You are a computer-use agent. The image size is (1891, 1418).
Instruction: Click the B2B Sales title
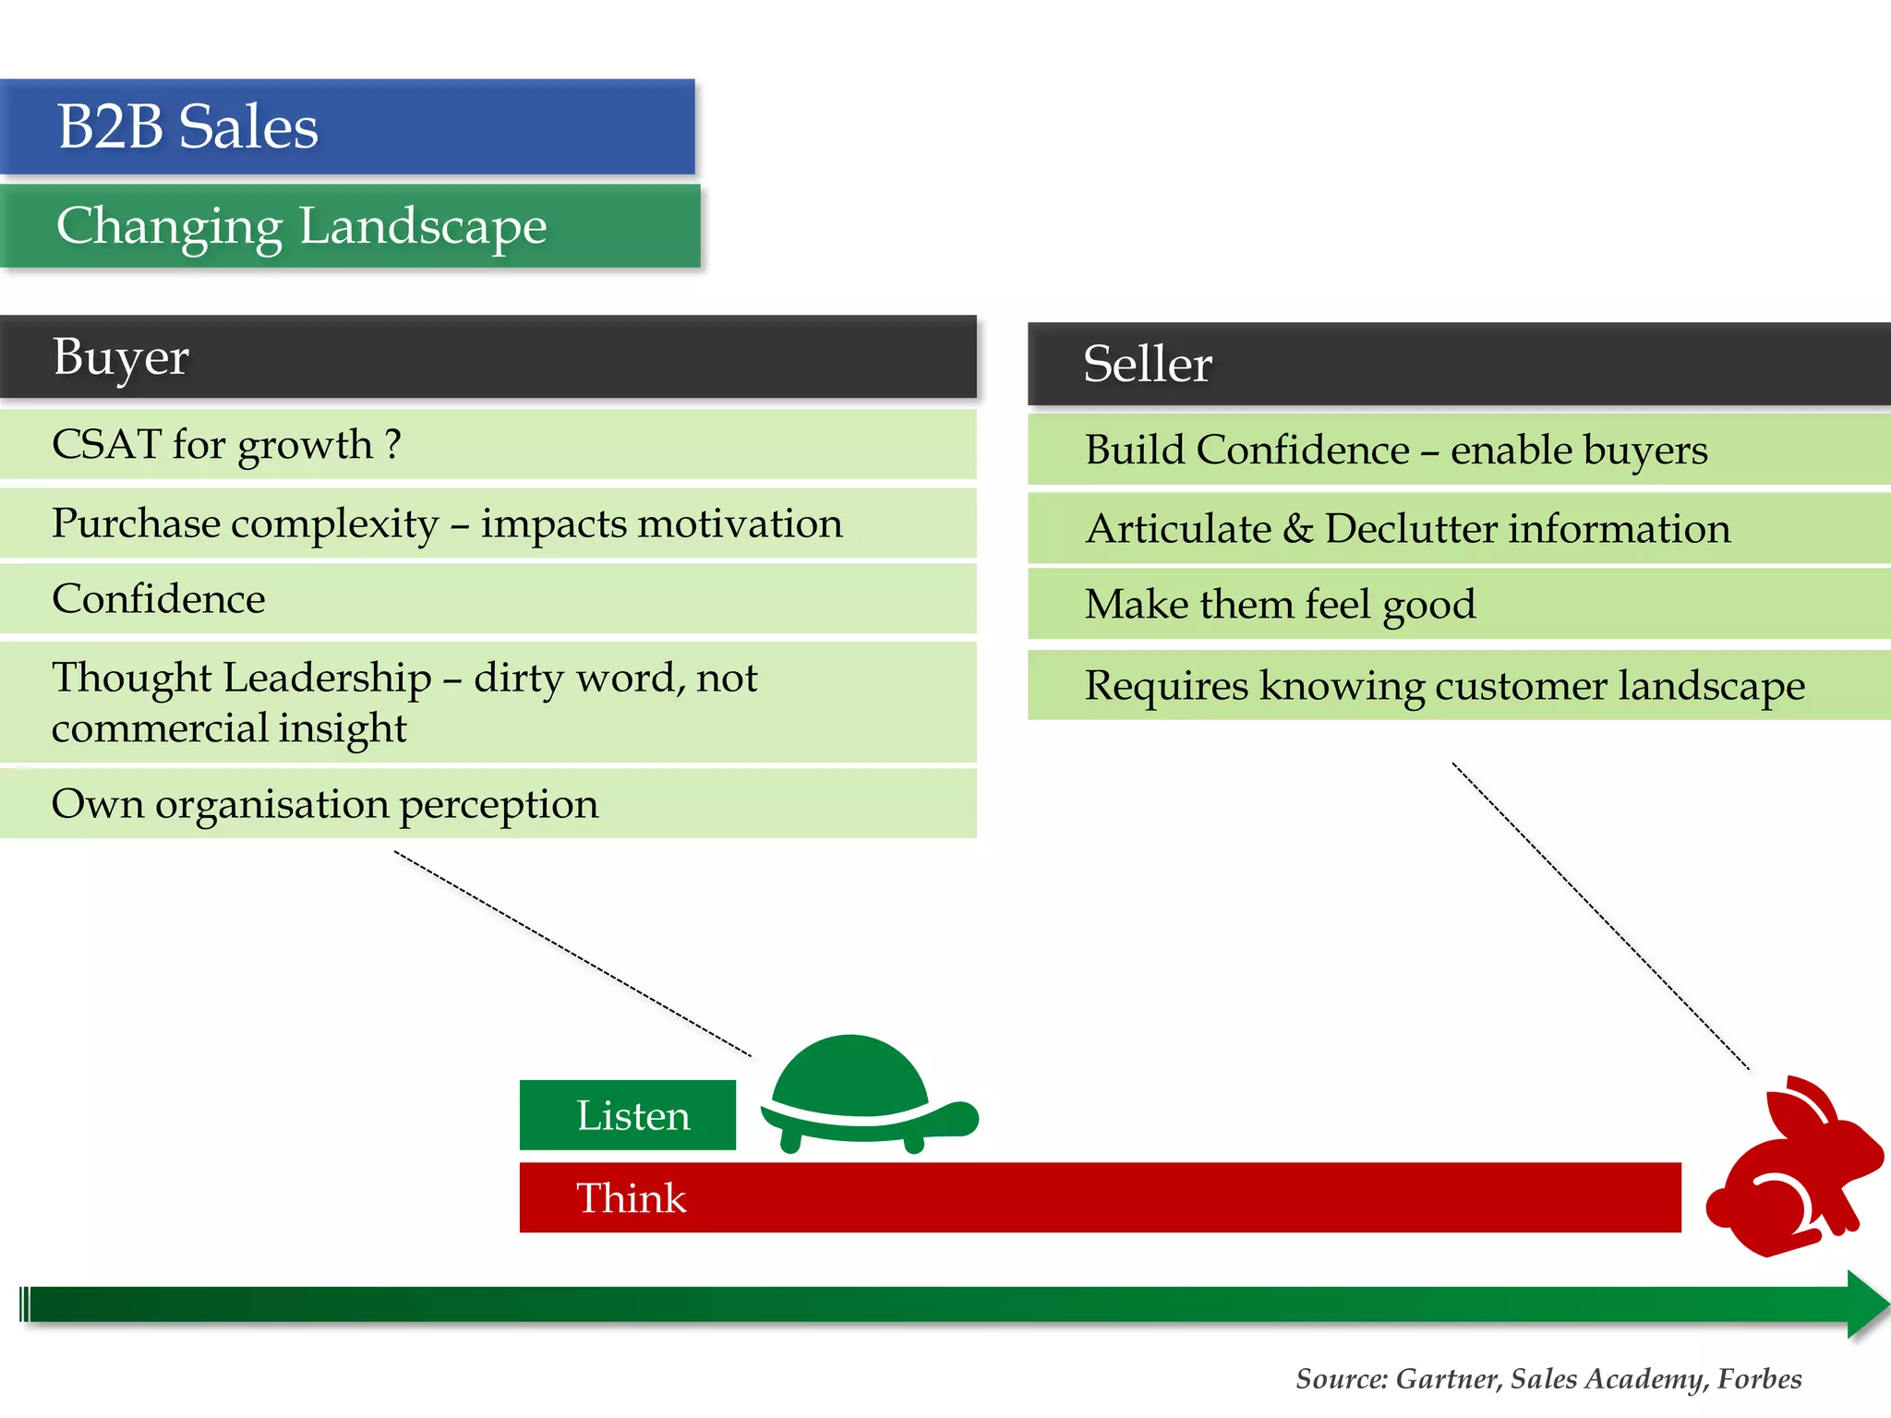187,126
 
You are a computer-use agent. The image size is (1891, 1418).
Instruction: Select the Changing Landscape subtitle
301,226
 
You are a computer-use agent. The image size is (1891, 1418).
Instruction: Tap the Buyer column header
121,357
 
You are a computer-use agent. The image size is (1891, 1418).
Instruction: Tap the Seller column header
1147,364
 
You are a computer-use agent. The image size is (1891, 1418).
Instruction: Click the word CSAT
106,445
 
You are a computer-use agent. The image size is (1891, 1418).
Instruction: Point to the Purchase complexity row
447,523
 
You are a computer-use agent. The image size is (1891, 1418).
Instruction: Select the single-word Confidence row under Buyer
159,599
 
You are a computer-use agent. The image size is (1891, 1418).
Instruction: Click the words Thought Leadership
242,678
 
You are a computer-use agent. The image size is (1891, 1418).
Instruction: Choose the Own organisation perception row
325,804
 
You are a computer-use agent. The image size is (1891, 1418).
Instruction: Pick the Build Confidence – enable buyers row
1395,450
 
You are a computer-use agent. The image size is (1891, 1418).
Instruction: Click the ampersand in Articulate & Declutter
1297,528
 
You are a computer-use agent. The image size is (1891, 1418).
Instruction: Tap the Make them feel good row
1280,605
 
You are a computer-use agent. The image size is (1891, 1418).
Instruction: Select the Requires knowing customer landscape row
1444,685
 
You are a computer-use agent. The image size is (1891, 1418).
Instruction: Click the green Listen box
628,1115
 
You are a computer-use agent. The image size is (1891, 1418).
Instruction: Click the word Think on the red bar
632,1198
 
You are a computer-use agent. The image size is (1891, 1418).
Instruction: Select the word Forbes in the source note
1759,1378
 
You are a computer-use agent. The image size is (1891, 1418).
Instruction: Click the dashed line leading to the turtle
572,954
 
